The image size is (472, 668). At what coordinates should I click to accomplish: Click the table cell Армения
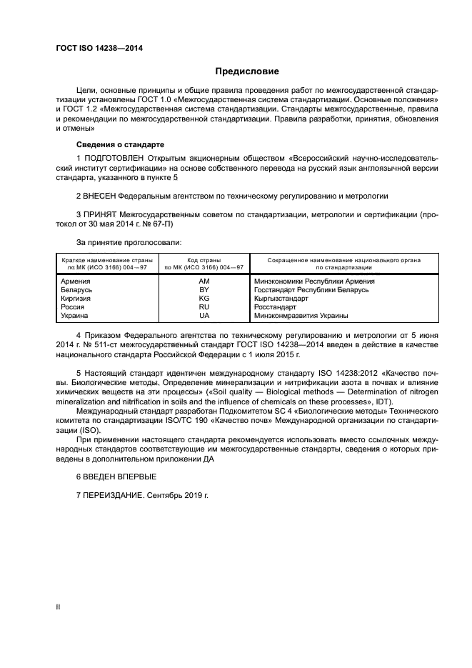point(77,282)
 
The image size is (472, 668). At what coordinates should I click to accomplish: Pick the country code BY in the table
point(204,290)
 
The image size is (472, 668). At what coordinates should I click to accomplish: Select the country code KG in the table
point(204,299)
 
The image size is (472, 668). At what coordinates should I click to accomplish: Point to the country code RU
point(204,306)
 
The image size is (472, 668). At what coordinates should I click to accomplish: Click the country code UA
point(204,315)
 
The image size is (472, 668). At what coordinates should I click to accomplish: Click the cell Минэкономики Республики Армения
point(311,282)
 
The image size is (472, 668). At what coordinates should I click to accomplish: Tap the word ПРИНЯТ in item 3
point(103,214)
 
